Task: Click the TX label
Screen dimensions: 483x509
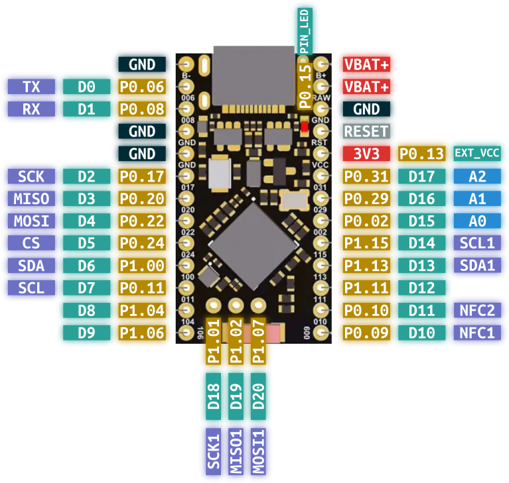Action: tap(31, 87)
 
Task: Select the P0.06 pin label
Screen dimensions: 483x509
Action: tap(142, 87)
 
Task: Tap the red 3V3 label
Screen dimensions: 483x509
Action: tap(366, 154)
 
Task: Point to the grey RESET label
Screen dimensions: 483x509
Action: tap(366, 131)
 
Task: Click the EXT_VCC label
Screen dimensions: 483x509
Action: tap(476, 154)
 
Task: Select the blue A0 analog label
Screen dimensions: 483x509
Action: tap(477, 221)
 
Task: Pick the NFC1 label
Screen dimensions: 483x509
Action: tap(477, 333)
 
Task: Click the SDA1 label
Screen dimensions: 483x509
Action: tap(477, 265)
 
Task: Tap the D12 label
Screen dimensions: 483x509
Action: tap(421, 288)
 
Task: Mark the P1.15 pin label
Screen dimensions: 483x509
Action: tap(366, 243)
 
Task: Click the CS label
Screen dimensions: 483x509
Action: tap(31, 243)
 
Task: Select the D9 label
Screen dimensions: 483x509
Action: tap(86, 333)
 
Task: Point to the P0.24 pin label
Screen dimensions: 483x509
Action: tap(142, 243)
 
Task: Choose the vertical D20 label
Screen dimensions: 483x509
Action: tap(259, 396)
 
